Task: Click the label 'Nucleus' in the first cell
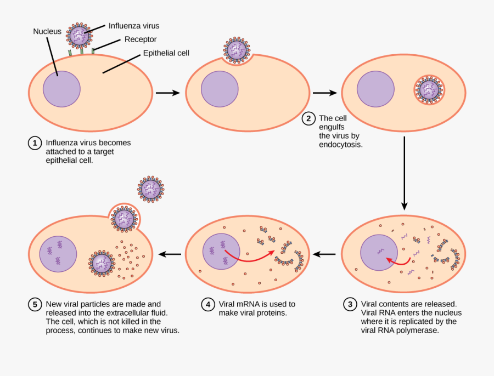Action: (47, 32)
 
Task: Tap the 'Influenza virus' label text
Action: (133, 25)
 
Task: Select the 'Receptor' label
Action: (141, 39)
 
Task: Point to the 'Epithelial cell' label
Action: (166, 53)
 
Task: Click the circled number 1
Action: (35, 143)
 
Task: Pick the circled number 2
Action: (308, 118)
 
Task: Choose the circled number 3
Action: (350, 304)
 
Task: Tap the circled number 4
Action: (207, 304)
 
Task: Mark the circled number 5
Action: (35, 304)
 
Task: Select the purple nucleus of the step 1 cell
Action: (61, 88)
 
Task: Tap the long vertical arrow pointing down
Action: (405, 172)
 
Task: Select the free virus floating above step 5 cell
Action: (150, 189)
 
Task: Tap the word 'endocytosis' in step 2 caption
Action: (340, 145)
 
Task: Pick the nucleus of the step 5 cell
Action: (57, 254)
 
